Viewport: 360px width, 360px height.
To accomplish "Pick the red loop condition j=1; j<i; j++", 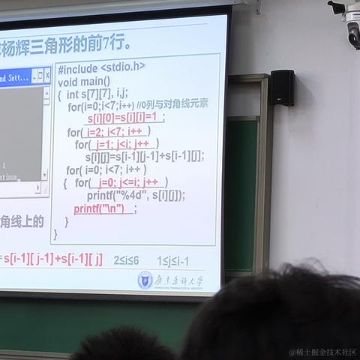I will click(125, 144).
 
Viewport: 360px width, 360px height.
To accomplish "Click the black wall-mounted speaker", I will click(282, 87).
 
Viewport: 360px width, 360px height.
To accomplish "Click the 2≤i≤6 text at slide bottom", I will click(126, 260).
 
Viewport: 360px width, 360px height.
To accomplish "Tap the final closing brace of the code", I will click(55, 234).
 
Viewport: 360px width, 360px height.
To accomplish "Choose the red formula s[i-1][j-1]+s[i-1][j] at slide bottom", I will click(52, 259).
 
